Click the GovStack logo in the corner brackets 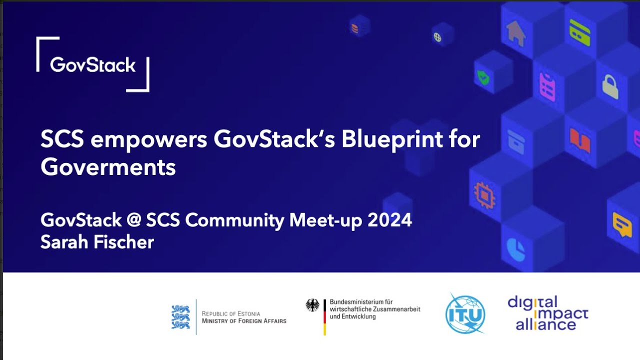pyautogui.click(x=93, y=64)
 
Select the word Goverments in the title pyautogui.click(x=108, y=167)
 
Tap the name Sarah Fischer pyautogui.click(x=97, y=242)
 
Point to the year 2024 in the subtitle pyautogui.click(x=389, y=220)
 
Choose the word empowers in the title pyautogui.click(x=149, y=140)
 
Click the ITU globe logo pyautogui.click(x=465, y=314)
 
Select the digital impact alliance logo pyautogui.click(x=548, y=313)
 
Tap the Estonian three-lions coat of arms pyautogui.click(x=180, y=316)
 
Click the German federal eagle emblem pyautogui.click(x=312, y=305)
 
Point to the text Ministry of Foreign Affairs pyautogui.click(x=244, y=320)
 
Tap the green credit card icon pyautogui.click(x=580, y=32)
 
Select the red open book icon pyautogui.click(x=580, y=140)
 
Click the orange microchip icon pyautogui.click(x=484, y=194)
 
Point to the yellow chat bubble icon pyautogui.click(x=622, y=225)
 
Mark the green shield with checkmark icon pyautogui.click(x=483, y=77)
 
